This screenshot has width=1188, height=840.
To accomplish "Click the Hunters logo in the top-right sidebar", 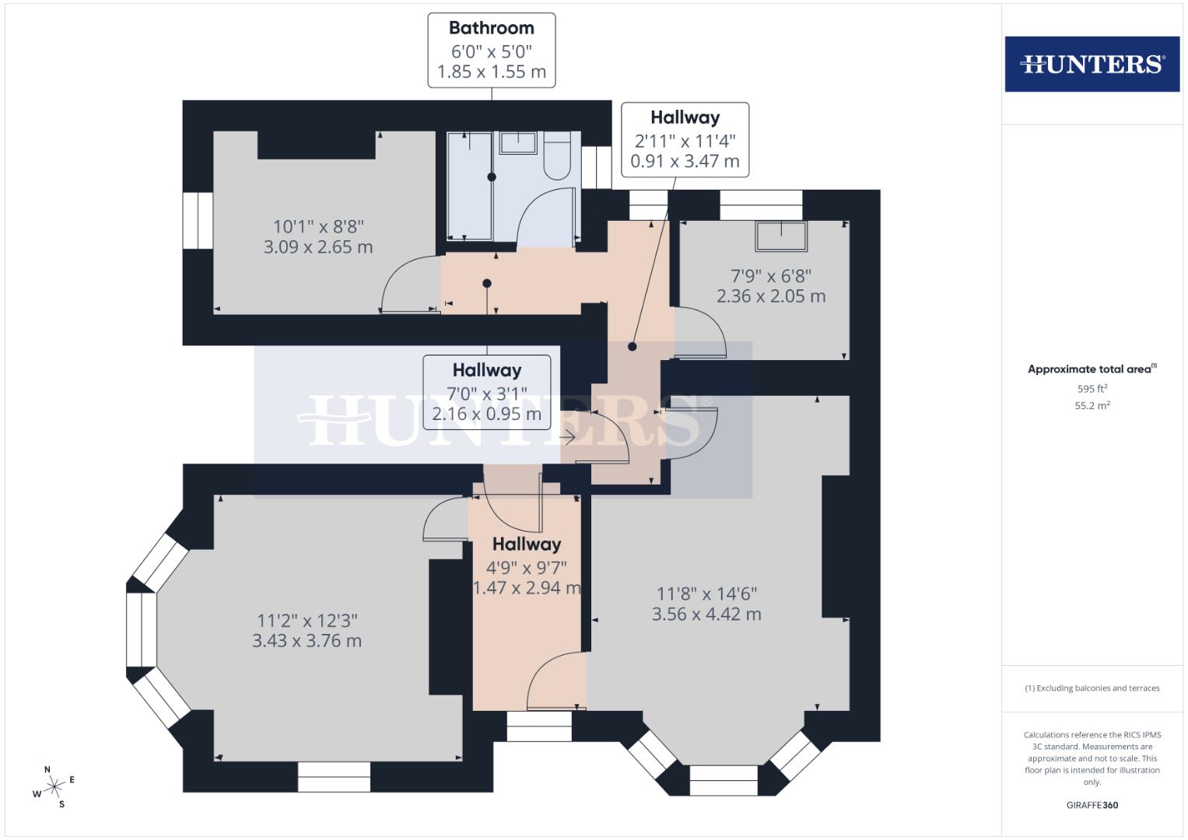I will (1092, 64).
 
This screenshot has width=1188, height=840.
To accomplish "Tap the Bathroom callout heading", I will (491, 28).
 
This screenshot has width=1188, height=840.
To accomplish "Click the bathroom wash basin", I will (518, 142).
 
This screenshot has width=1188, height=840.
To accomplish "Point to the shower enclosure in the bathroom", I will (469, 187).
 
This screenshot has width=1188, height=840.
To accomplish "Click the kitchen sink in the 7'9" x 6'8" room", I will (780, 236).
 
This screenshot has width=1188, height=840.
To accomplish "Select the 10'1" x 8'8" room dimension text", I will (317, 236).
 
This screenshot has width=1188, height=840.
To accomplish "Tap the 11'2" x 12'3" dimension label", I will (307, 631).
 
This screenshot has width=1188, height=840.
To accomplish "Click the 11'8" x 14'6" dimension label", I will (706, 604).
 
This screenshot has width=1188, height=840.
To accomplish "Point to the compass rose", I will (54, 787).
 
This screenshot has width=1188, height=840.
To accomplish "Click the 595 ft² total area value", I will (1092, 389).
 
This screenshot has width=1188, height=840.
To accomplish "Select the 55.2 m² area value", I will (1092, 405).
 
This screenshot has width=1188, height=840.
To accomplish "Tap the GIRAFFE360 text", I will (1092, 805).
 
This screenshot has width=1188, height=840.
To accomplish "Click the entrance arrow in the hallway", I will (567, 438).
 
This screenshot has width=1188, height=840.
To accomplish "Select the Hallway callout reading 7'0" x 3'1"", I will (486, 392).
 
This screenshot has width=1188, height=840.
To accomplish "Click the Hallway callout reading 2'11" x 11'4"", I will (685, 140).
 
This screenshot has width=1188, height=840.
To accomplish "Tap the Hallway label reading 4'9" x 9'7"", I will (527, 566).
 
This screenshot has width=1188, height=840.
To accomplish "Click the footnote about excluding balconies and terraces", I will (1092, 688).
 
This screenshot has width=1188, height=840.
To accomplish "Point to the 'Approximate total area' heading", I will (1092, 369).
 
